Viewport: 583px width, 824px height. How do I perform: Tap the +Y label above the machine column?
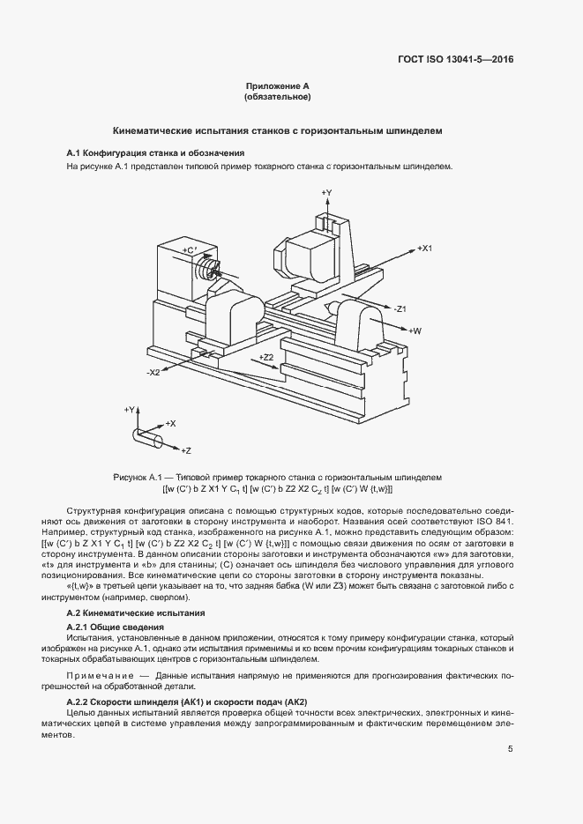(x=325, y=192)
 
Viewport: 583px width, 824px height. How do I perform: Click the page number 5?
(x=511, y=749)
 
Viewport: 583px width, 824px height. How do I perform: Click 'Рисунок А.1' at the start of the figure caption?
(x=138, y=477)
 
